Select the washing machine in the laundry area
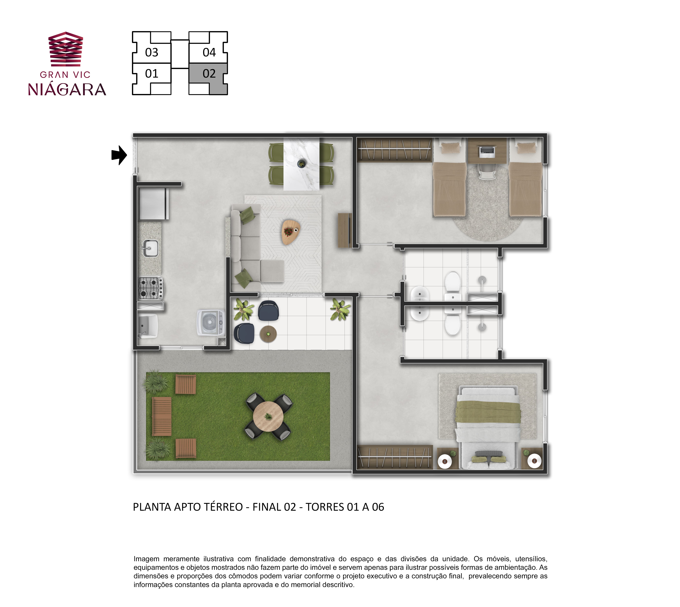(210, 322)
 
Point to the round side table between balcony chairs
(268, 334)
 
